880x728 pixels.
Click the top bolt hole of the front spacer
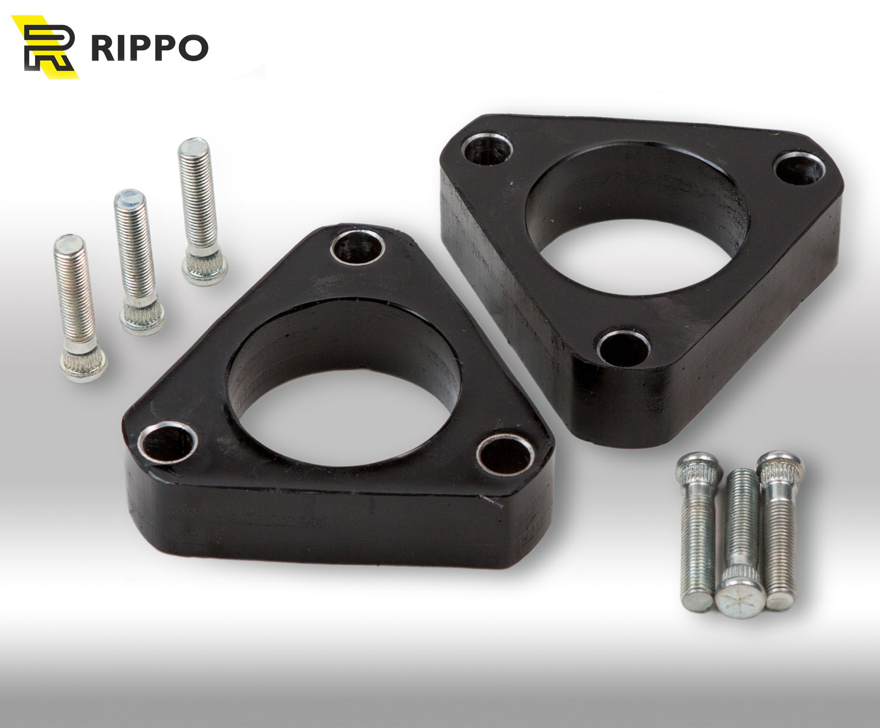(358, 250)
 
